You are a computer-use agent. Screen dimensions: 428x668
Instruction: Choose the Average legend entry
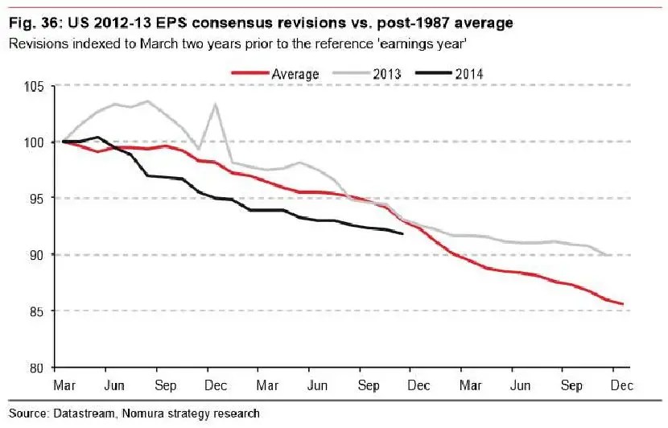click(295, 74)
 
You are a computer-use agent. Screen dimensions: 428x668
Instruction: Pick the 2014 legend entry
click(467, 74)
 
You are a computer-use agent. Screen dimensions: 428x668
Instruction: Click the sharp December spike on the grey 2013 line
click(215, 104)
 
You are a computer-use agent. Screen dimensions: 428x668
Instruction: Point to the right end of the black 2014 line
click(402, 234)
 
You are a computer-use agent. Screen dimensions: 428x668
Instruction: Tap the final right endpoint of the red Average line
click(624, 304)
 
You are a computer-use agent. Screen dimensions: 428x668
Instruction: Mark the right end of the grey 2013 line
click(611, 255)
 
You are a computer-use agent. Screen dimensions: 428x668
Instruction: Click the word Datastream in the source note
click(89, 414)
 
